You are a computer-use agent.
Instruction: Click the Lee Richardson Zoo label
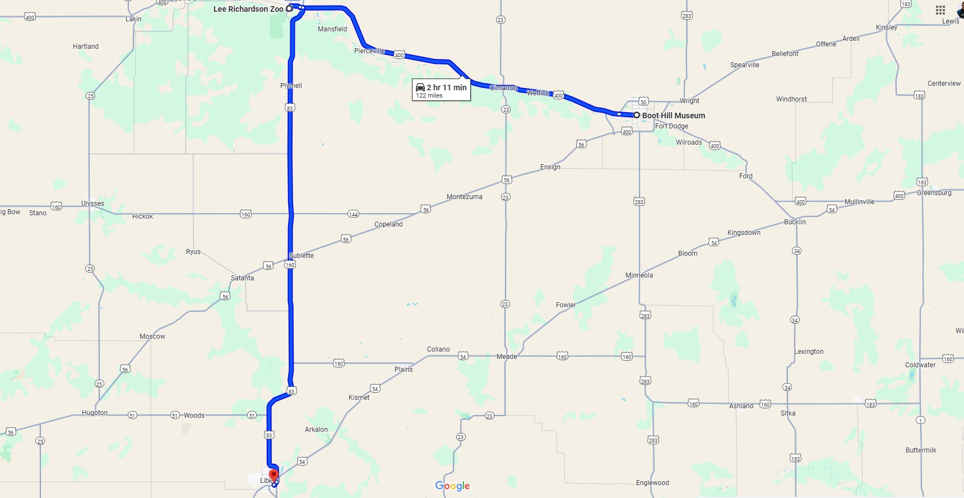click(x=248, y=9)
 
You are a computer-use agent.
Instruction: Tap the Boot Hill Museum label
click(x=673, y=116)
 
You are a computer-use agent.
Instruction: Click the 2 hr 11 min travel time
click(x=446, y=87)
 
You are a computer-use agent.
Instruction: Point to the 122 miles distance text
click(x=429, y=96)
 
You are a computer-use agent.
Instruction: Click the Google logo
click(x=452, y=486)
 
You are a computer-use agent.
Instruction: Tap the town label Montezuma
click(x=464, y=197)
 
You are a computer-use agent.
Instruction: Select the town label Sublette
click(x=302, y=256)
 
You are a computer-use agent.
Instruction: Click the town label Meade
click(x=507, y=357)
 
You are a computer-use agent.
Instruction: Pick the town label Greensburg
click(x=934, y=193)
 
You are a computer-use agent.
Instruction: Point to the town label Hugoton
click(x=95, y=413)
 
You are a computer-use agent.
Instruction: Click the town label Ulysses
click(x=92, y=204)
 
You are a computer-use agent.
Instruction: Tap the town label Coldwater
click(x=920, y=365)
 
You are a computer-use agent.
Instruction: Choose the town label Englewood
click(x=652, y=483)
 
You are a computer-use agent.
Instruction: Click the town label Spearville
click(x=744, y=65)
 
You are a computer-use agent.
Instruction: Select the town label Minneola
click(x=639, y=275)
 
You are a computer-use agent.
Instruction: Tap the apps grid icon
click(x=940, y=10)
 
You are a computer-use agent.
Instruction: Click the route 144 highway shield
click(x=353, y=214)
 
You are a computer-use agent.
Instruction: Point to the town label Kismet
click(x=359, y=398)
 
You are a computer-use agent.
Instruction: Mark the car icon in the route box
click(x=420, y=87)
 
